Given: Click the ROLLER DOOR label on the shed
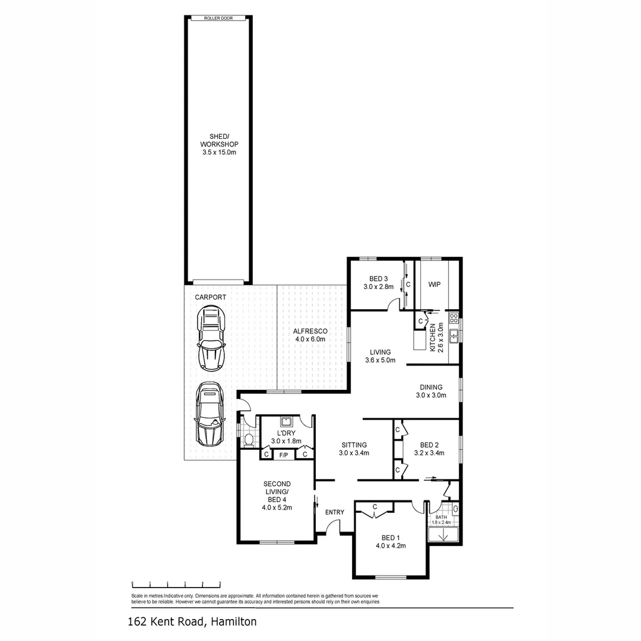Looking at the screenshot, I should pyautogui.click(x=218, y=18).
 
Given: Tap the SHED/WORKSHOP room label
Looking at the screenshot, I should pyautogui.click(x=219, y=144).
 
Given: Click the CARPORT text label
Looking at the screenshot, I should pyautogui.click(x=210, y=296).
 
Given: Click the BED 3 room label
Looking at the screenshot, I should pyautogui.click(x=378, y=283).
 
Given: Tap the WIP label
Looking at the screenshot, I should pyautogui.click(x=435, y=284).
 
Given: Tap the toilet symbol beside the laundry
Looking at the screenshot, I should pyautogui.click(x=249, y=440).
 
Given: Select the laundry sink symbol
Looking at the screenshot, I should pyautogui.click(x=286, y=422).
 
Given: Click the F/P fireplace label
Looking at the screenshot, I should pyautogui.click(x=284, y=455).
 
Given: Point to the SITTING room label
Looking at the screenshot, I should pyautogui.click(x=354, y=449).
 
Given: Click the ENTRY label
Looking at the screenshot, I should pyautogui.click(x=335, y=512).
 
